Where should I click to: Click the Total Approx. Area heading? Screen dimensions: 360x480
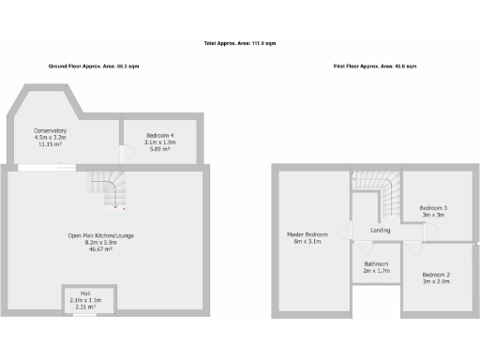[x=240, y=44]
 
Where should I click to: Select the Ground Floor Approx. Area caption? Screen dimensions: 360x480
[x=96, y=67]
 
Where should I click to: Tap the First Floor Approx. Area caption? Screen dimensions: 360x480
[x=374, y=67]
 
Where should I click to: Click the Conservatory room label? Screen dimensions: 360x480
[x=50, y=130]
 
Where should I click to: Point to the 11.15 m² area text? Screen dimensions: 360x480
[x=50, y=144]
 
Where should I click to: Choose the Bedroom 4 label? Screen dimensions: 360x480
[x=160, y=136]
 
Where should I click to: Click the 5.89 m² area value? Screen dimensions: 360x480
[x=160, y=149]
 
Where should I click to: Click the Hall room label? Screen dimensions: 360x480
[x=84, y=292]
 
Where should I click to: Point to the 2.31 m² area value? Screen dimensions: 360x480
[x=84, y=307]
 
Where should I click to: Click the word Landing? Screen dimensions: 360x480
[x=381, y=230]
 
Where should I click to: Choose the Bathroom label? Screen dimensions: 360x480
[x=376, y=263]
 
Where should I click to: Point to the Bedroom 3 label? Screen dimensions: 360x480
[x=433, y=207]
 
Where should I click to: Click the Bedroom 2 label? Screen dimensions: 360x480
[x=434, y=274]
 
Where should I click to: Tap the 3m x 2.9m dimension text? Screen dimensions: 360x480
[x=434, y=281]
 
